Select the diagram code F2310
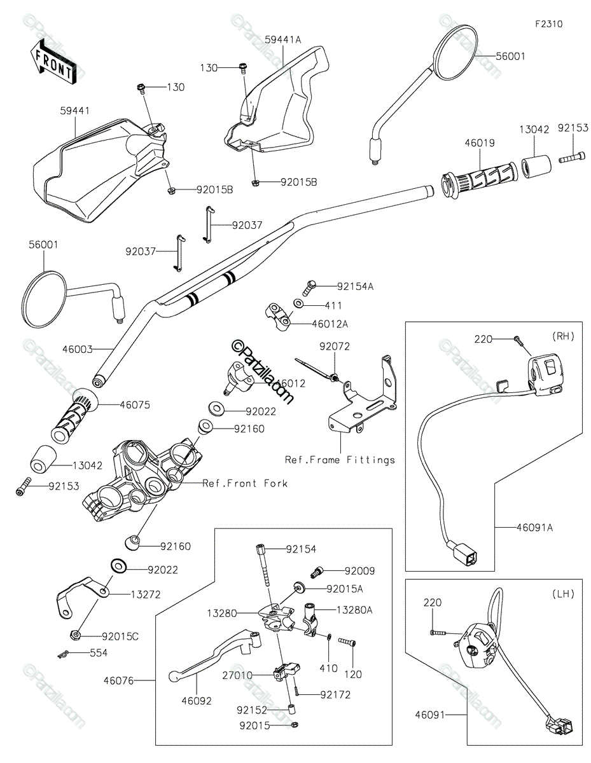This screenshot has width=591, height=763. pyautogui.click(x=548, y=24)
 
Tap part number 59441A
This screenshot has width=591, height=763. pyautogui.click(x=282, y=39)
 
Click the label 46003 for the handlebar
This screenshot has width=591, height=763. pyautogui.click(x=78, y=349)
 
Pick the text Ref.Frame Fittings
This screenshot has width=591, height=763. pyautogui.click(x=340, y=460)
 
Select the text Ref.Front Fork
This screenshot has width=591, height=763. pyautogui.click(x=245, y=483)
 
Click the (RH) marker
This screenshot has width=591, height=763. pyautogui.click(x=563, y=336)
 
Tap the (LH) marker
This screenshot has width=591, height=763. pyautogui.click(x=563, y=594)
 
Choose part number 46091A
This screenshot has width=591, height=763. pyautogui.click(x=534, y=527)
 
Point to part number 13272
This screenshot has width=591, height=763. pyautogui.click(x=145, y=594)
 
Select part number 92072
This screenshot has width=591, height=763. pyautogui.click(x=335, y=347)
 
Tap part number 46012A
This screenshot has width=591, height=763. pyautogui.click(x=330, y=324)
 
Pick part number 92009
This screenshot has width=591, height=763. pyautogui.click(x=361, y=571)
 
